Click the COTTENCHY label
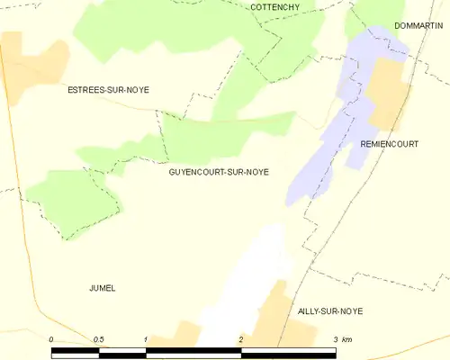pyautogui.click(x=275, y=7)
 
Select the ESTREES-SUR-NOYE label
pyautogui.click(x=109, y=90)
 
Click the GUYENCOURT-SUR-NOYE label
pyautogui.click(x=218, y=172)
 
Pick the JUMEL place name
pyautogui.click(x=103, y=288)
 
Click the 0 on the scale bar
pyautogui.click(x=52, y=339)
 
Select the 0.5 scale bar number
pyautogui.click(x=98, y=339)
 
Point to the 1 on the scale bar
pyautogui.click(x=145, y=339)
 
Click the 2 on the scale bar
pyautogui.click(x=240, y=339)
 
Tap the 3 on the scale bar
pyautogui.click(x=335, y=339)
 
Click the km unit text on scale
pyautogui.click(x=349, y=339)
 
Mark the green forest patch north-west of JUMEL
pyautogui.click(x=72, y=202)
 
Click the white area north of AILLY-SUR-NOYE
pyautogui.click(x=256, y=270)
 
